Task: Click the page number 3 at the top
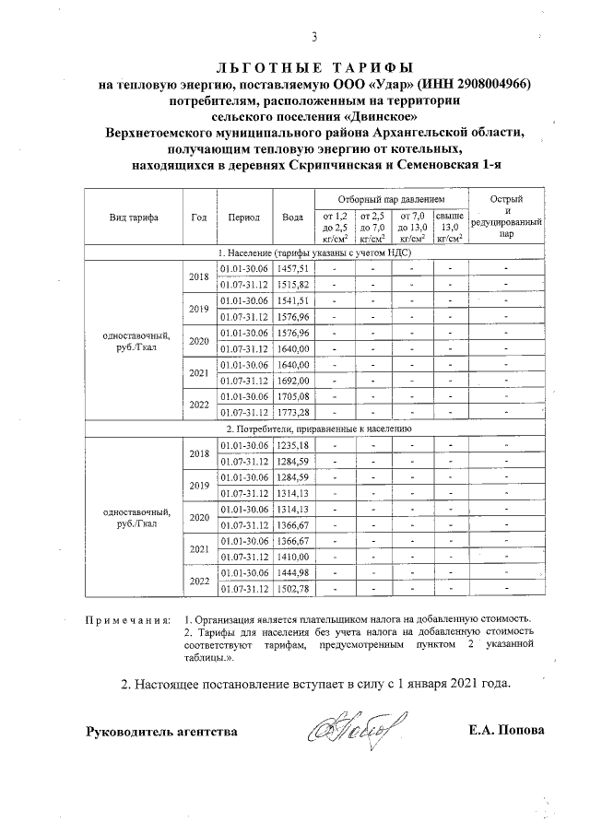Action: coord(313,38)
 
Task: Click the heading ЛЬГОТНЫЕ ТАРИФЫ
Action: coord(313,68)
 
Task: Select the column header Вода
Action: coord(292,217)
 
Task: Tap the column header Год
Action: coord(198,217)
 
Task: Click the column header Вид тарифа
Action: coord(133,217)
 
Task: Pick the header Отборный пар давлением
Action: coord(391,199)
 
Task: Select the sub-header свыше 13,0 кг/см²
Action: coord(449,226)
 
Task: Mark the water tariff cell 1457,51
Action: coord(292,267)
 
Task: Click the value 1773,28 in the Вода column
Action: coord(292,411)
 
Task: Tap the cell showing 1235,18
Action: coord(292,445)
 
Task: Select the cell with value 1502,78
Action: coord(292,589)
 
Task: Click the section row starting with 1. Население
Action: coord(313,252)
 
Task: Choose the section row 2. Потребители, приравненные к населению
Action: coord(313,429)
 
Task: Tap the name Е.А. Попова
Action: coord(506,731)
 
